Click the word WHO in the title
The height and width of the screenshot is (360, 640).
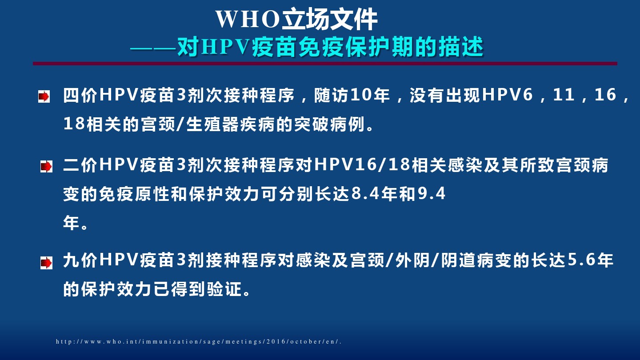click(248, 20)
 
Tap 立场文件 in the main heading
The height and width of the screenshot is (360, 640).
click(330, 20)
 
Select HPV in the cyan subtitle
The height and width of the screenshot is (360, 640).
click(225, 47)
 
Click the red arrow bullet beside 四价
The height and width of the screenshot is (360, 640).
click(44, 96)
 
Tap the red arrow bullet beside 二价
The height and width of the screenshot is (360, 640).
click(46, 166)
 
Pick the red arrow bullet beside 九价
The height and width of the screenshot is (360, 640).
click(46, 263)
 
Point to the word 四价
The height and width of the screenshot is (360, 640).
click(80, 95)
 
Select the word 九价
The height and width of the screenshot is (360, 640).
click(80, 260)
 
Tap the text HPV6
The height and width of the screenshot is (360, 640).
click(508, 95)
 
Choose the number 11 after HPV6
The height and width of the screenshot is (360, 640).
click(564, 95)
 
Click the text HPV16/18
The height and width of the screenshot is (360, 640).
click(363, 165)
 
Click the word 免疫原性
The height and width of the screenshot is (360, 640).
click(134, 194)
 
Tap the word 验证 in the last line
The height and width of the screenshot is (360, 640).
click(225, 289)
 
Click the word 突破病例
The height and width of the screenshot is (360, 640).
click(329, 124)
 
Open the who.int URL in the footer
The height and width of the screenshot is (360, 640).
click(199, 341)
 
